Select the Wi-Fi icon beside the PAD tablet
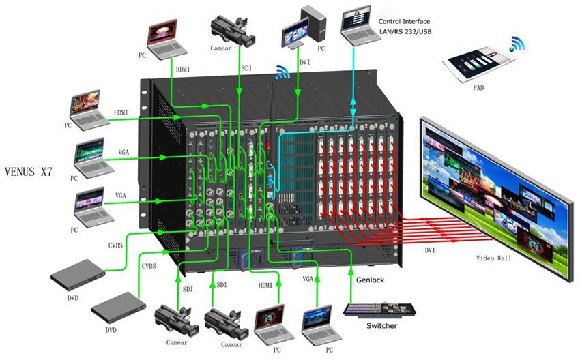(x=517, y=46)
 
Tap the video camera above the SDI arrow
(x=231, y=30)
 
